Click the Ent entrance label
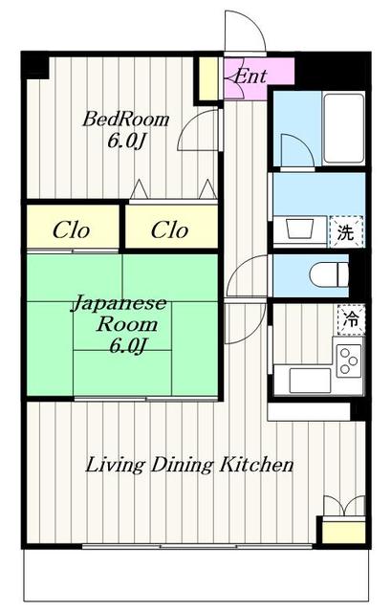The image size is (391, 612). pyautogui.click(x=250, y=76)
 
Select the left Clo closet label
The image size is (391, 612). pyautogui.click(x=71, y=230)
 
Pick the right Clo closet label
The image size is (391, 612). pyautogui.click(x=170, y=230)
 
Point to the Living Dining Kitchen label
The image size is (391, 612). pyautogui.click(x=189, y=466)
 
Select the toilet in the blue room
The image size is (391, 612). pyautogui.click(x=323, y=274)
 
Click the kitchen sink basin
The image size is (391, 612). pyautogui.click(x=309, y=380)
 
